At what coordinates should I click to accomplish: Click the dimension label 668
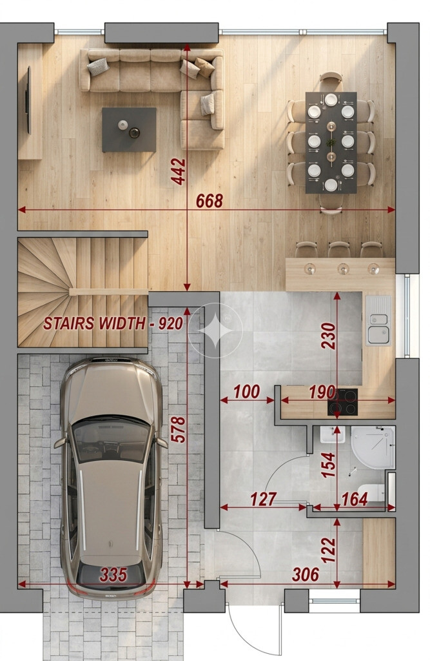coord(210,201)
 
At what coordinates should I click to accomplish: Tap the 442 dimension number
coord(179,172)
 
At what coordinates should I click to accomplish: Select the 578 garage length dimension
coord(178,429)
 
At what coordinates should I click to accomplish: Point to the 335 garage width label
coord(113,575)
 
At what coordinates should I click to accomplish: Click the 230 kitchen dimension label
coord(328,336)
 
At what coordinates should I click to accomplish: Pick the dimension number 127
coord(264,499)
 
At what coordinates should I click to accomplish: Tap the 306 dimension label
coord(306,574)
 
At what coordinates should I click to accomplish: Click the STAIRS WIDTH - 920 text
coord(113,323)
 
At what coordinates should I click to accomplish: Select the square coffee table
coord(130,129)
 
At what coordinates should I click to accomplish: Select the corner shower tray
coord(373,447)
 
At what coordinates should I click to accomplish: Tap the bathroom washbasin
coord(332,434)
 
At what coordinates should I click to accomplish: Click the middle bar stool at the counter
coord(339,249)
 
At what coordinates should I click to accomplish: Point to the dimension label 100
coord(247,391)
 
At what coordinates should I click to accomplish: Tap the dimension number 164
coord(355,499)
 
